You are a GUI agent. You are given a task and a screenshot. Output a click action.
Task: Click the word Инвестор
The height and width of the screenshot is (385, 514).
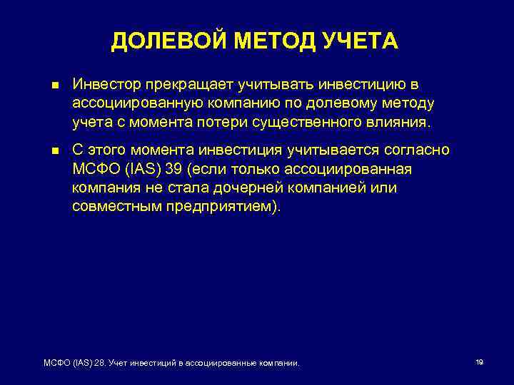104,85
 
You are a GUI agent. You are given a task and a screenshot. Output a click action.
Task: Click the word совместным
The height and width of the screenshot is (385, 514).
111,207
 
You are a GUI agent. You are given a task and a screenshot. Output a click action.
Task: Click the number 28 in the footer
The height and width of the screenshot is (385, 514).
98,364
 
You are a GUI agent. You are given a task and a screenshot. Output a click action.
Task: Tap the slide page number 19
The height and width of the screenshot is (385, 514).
479,362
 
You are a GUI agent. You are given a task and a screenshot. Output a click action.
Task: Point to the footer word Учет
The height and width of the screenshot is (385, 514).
117,364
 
